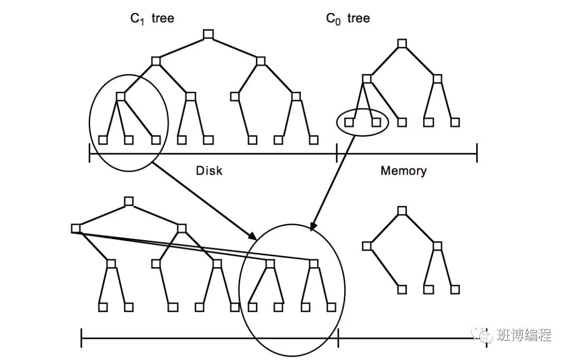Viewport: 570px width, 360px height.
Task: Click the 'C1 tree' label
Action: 152,19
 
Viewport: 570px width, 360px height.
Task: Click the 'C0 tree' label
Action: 348,19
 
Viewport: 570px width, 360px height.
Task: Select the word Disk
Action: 209,170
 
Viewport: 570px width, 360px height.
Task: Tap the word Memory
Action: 403,170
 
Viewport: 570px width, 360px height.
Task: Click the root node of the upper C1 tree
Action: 208,35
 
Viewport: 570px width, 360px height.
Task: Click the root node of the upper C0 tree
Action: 402,43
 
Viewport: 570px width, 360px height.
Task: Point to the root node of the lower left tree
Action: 129,201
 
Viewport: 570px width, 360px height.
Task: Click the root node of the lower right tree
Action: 402,211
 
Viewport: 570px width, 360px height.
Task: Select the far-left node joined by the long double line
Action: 75,228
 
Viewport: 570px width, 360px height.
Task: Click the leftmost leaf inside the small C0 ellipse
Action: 349,122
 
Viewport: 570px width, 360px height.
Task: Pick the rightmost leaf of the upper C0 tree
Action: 455,122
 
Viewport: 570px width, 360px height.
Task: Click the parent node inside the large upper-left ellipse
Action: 120,97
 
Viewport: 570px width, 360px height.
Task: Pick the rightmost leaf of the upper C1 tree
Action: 314,140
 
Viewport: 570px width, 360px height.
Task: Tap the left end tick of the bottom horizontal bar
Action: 81,338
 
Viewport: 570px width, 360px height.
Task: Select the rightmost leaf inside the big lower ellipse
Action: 331,307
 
